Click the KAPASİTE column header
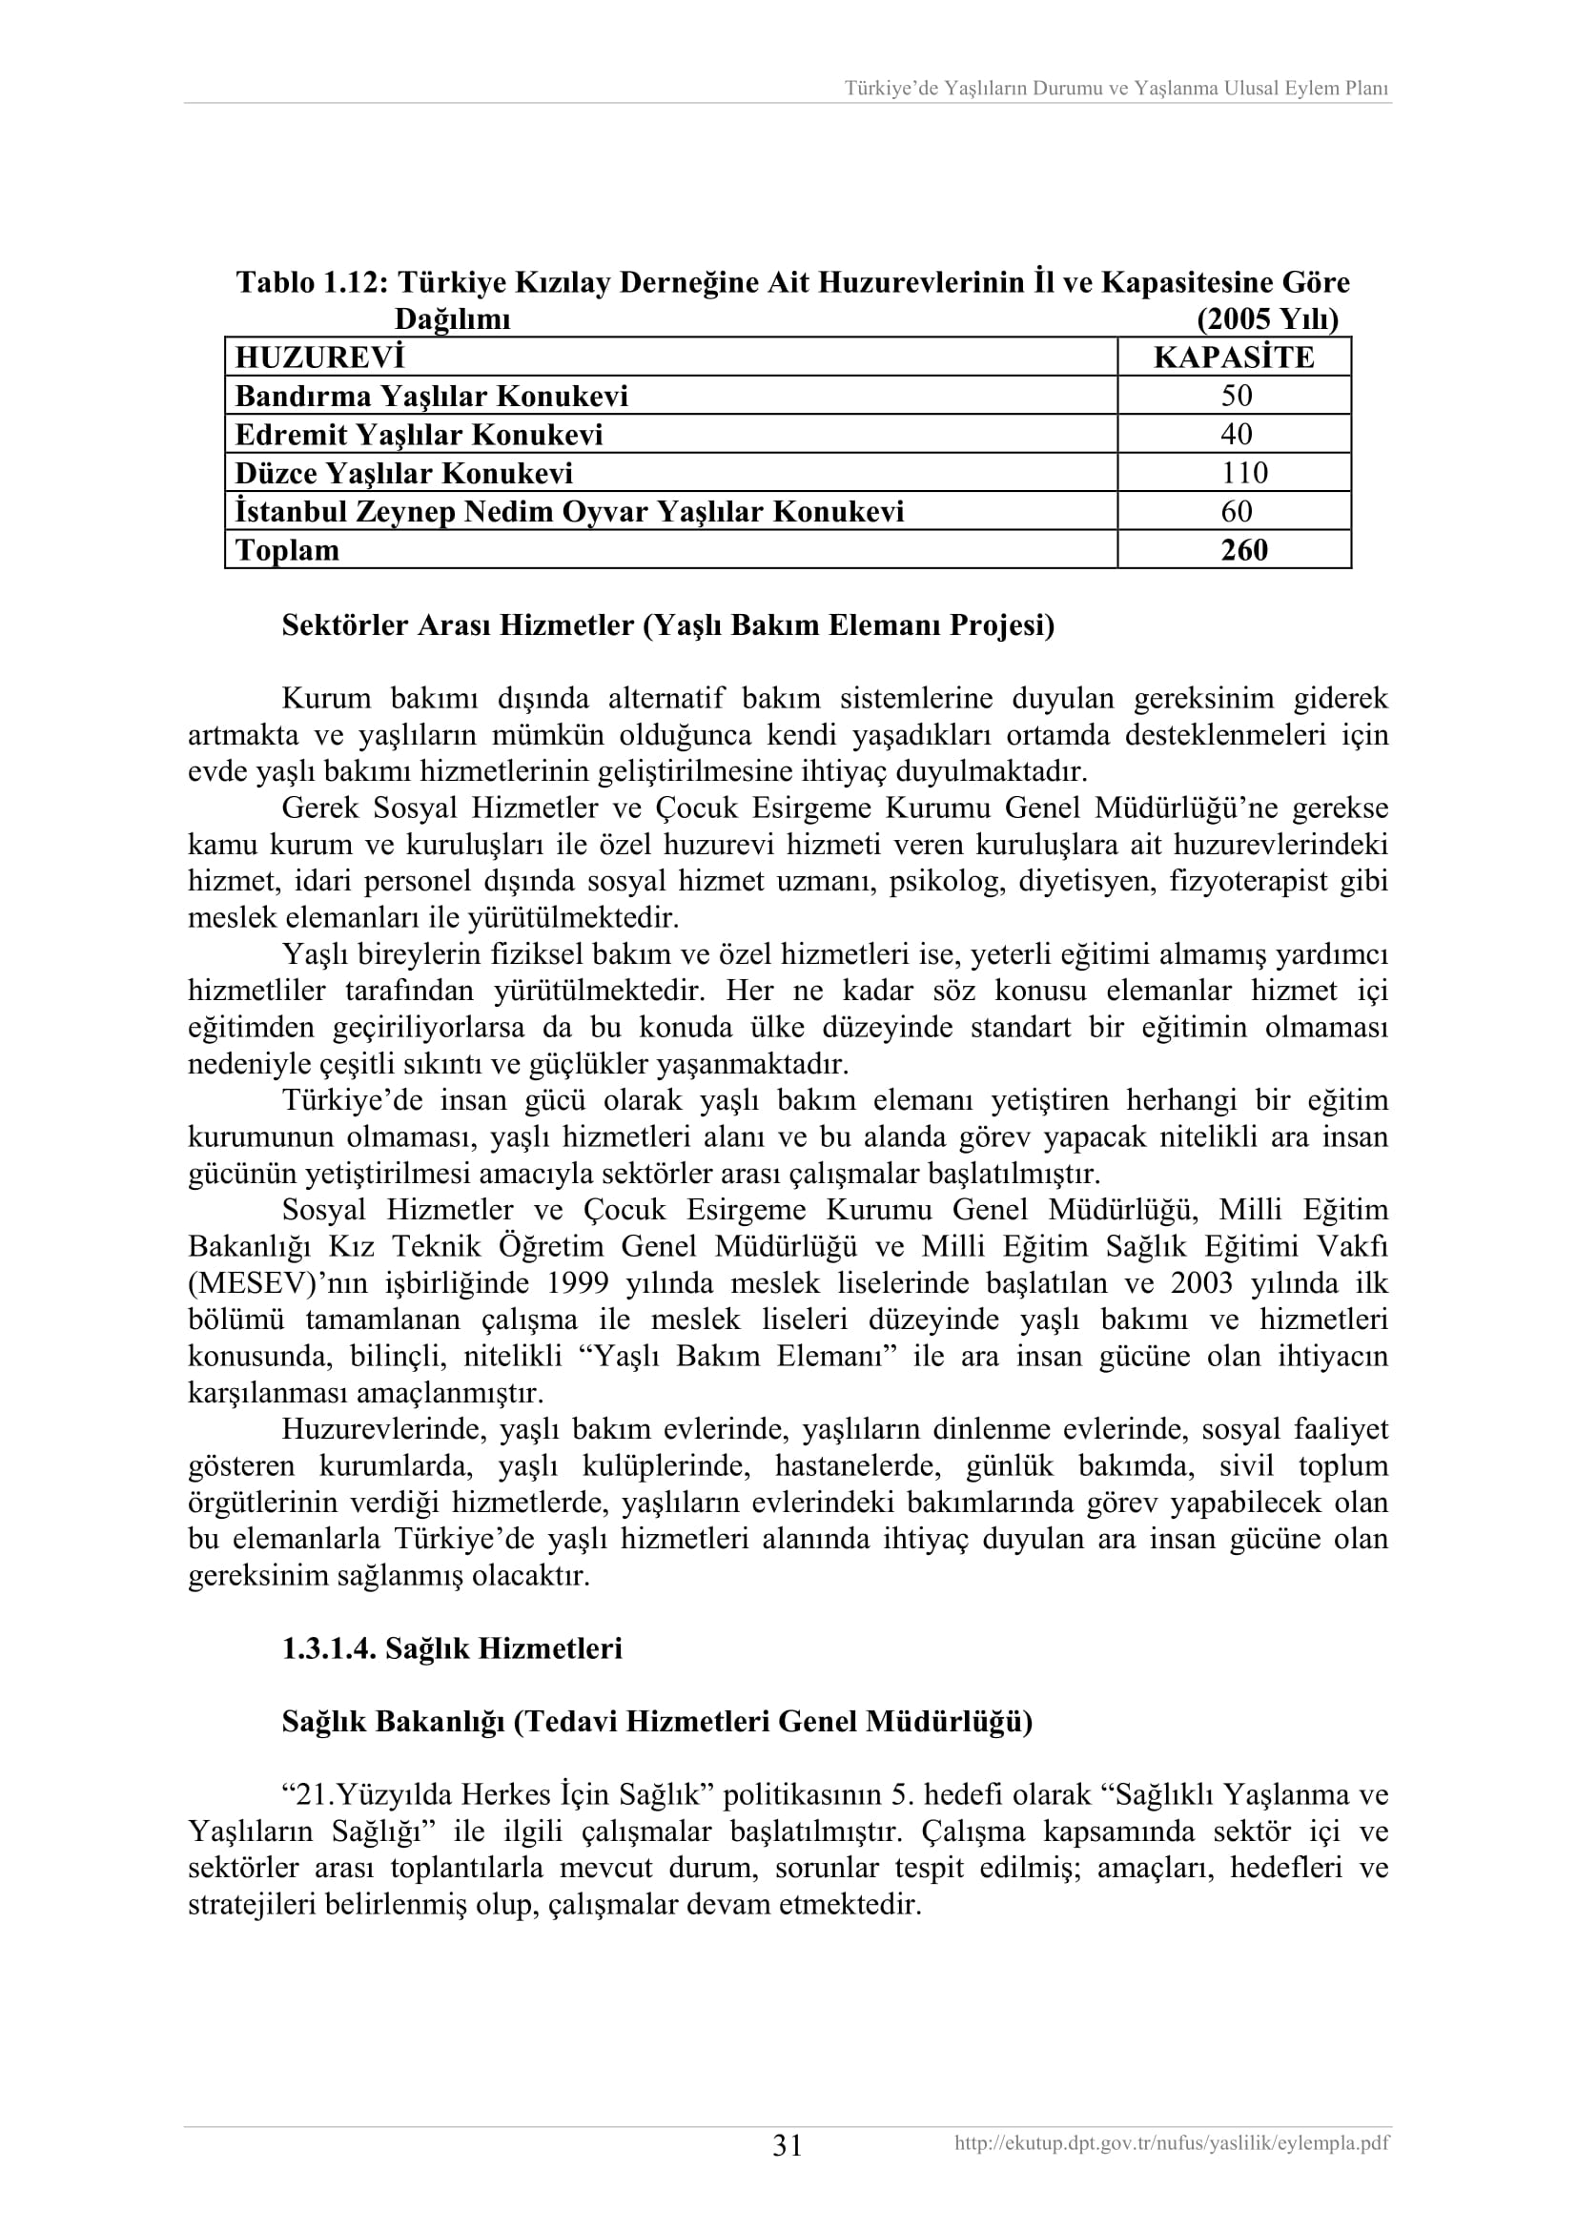pos(1233,358)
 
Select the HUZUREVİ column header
pos(319,358)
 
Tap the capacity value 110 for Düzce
pos(1244,473)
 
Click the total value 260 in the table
pos(1244,550)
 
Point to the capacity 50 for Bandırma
pos(1237,396)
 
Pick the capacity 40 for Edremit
pos(1237,434)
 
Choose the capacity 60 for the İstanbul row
pos(1237,511)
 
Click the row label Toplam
pos(287,550)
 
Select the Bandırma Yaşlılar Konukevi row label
pos(431,397)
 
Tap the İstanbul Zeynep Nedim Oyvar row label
pos(569,512)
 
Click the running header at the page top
pos(1116,89)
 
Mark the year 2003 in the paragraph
pos(1201,1283)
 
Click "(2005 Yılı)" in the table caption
pos(1267,318)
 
